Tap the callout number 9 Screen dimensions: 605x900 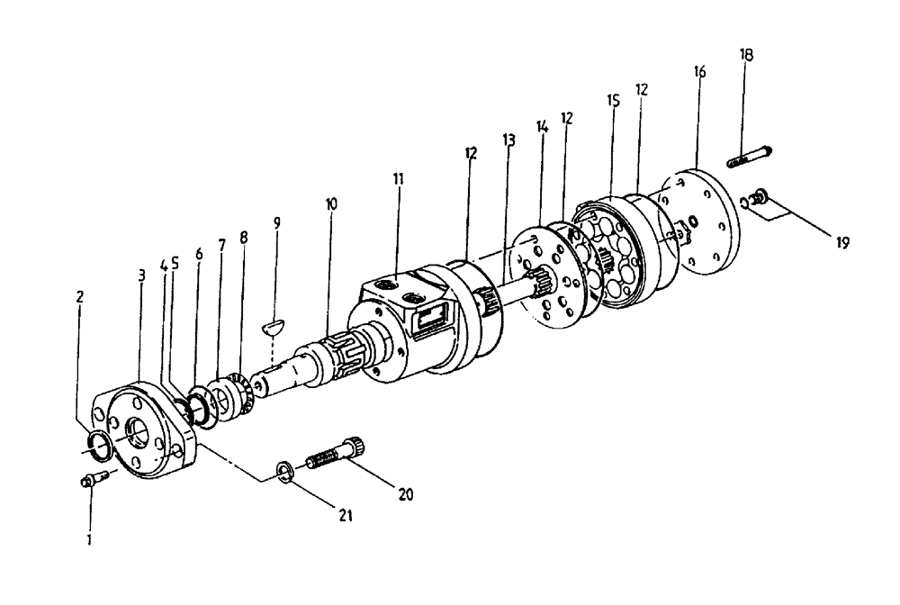coord(277,220)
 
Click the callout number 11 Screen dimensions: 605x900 coord(398,178)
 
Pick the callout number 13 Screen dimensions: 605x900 coord(509,140)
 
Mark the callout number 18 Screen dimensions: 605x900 coord(747,54)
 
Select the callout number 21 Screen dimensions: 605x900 coord(346,515)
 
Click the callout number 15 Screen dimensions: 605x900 coord(613,101)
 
